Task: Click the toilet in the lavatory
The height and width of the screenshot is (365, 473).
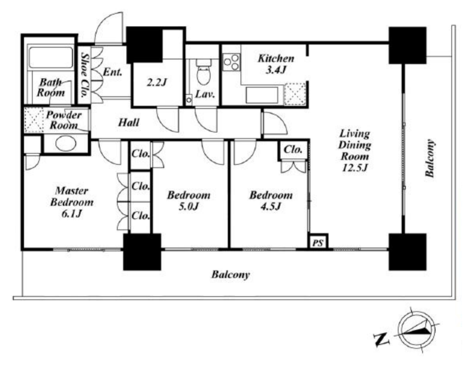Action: tap(202, 72)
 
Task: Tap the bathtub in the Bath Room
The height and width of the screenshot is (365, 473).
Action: tap(50, 57)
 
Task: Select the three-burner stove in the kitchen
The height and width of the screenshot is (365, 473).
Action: tap(231, 62)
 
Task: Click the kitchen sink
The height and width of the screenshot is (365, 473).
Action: tap(262, 95)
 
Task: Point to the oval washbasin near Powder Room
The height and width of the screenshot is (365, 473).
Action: tap(66, 143)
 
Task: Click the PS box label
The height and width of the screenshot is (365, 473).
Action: tap(318, 243)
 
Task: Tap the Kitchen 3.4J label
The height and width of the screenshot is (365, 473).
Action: tap(276, 64)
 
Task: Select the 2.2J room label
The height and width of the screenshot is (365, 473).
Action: tap(157, 82)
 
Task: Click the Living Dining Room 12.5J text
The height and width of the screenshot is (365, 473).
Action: tap(354, 150)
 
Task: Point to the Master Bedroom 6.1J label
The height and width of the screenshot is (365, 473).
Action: tap(72, 202)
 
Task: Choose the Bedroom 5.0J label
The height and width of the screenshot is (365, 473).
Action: tap(189, 201)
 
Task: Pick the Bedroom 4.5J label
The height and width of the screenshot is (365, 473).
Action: tap(271, 201)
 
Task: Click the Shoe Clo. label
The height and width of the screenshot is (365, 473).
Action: tap(85, 75)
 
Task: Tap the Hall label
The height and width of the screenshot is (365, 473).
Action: tap(129, 122)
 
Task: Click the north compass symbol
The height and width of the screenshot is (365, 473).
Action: tap(417, 330)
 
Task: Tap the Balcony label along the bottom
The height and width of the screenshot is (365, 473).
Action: tap(230, 275)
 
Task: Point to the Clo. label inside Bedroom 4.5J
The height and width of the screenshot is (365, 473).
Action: tap(293, 149)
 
